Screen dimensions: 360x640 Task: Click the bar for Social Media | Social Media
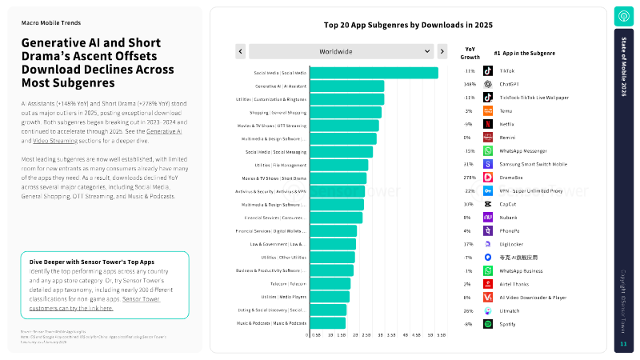coord(373,73)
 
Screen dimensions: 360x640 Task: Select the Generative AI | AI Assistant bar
coord(346,86)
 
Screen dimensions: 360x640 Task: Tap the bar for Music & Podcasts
coord(327,323)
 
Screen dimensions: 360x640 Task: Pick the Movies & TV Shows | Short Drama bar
coord(337,178)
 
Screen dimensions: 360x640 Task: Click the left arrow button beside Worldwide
coord(241,51)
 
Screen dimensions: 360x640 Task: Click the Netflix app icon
coord(487,124)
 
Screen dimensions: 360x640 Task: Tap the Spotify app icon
coord(487,323)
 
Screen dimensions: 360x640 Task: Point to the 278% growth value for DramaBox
coord(470,177)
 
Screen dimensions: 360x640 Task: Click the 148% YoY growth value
coord(470,84)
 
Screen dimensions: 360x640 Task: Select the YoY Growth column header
coord(470,53)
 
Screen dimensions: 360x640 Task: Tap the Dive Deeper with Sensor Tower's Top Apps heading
coord(81,262)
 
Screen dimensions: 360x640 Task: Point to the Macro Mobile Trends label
coord(50,23)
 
